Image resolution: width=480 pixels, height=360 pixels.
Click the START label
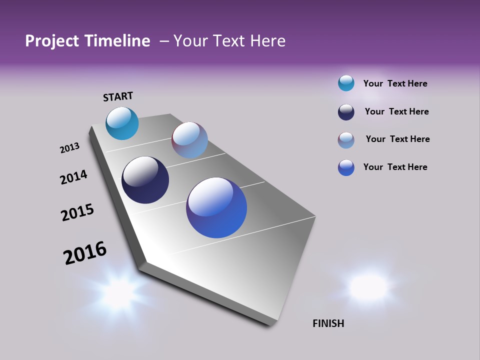[x=118, y=96]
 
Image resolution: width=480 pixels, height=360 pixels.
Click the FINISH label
[x=328, y=323]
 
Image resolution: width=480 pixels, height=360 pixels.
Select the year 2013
[x=69, y=148]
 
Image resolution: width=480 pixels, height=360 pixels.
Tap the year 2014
[x=73, y=177]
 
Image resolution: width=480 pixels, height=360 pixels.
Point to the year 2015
[x=77, y=212]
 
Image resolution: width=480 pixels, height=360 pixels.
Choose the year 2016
[x=85, y=253]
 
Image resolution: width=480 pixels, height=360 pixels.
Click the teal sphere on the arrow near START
[x=122, y=123]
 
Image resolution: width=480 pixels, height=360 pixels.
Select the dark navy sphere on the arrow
[x=145, y=180]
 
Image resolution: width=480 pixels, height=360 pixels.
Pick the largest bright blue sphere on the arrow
[x=216, y=207]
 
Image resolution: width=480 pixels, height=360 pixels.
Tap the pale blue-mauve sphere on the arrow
[x=189, y=140]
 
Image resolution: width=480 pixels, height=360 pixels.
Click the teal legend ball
[x=346, y=83]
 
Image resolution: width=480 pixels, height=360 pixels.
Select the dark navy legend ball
[x=346, y=112]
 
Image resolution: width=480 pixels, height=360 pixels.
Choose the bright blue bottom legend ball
[x=346, y=167]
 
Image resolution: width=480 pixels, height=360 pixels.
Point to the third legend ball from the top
[x=346, y=140]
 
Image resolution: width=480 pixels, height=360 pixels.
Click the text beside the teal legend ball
[x=395, y=83]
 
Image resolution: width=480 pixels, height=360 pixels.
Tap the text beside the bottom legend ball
[x=395, y=167]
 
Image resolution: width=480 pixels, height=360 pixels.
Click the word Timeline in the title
[x=117, y=41]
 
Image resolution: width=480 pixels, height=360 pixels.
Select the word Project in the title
[x=52, y=41]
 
